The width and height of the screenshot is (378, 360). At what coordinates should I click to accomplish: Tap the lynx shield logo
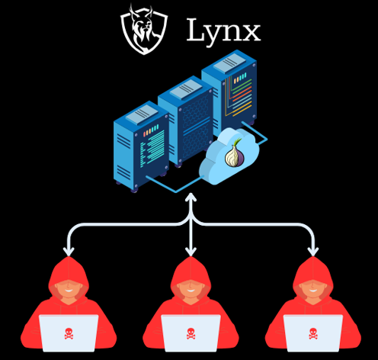click(x=144, y=29)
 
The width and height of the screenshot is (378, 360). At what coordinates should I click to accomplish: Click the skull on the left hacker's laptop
click(x=69, y=334)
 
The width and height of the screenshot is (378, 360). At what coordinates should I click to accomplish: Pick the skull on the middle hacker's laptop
click(x=191, y=334)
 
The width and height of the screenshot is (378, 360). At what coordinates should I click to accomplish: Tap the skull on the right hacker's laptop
click(x=313, y=334)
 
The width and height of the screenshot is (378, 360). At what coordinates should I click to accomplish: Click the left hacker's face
click(x=69, y=289)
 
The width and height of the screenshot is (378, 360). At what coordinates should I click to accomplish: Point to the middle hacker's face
click(x=191, y=289)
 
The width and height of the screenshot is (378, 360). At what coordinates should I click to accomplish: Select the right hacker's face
click(x=313, y=289)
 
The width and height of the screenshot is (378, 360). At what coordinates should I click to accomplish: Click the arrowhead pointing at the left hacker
click(x=69, y=252)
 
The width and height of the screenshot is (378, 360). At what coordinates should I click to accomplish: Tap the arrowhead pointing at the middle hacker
click(x=191, y=252)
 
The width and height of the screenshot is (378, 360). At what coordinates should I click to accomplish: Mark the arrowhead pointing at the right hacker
click(x=313, y=252)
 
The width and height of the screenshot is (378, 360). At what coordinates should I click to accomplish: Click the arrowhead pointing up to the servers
click(x=191, y=197)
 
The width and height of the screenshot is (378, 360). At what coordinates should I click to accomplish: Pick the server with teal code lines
click(x=141, y=146)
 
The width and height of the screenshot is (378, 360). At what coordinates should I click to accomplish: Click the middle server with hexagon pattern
click(x=185, y=121)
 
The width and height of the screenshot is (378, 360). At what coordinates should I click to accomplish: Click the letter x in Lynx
click(x=251, y=33)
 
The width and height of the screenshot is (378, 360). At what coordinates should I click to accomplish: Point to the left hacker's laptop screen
click(x=69, y=333)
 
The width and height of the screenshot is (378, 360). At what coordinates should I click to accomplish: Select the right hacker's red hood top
click(x=313, y=269)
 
